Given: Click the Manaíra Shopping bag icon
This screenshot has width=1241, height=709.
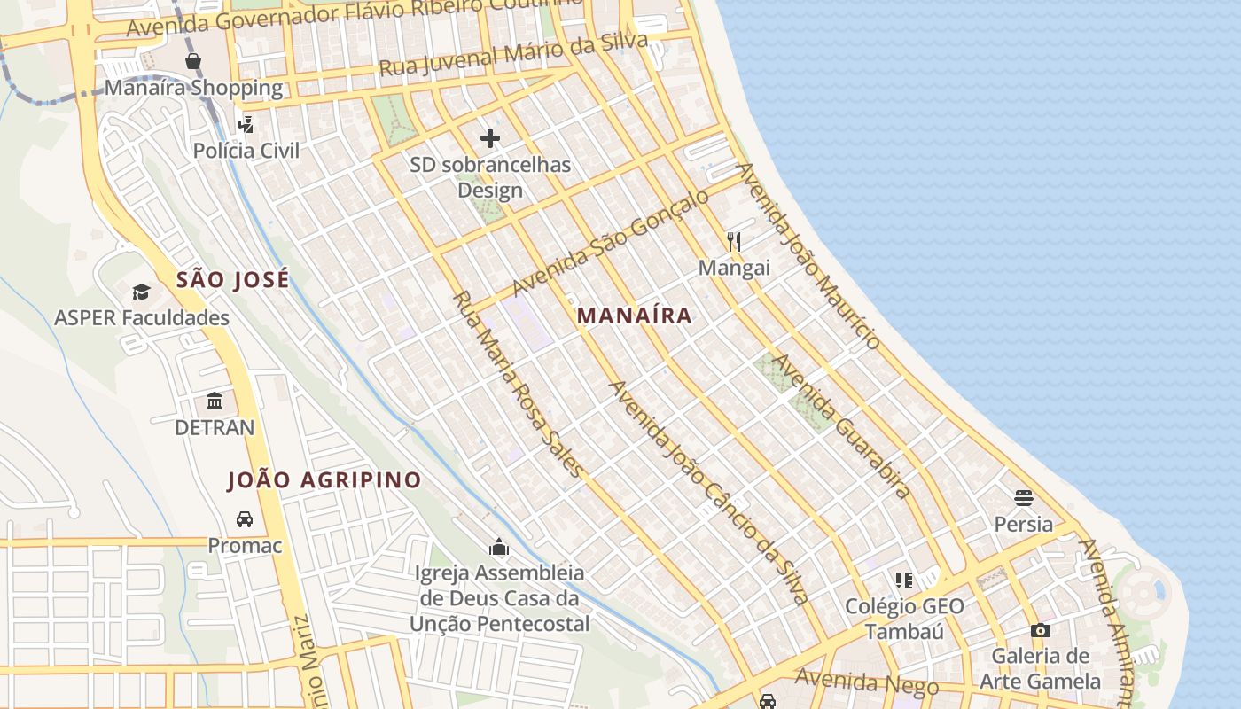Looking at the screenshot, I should coord(193,61).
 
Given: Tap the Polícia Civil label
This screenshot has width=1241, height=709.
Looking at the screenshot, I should coord(246,150).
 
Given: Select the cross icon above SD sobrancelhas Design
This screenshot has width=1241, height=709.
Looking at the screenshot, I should coord(490,138).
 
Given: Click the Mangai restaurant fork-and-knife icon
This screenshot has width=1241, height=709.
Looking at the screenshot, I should coord(734,241).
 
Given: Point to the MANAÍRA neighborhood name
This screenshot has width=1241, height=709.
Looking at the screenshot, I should coord(634,316).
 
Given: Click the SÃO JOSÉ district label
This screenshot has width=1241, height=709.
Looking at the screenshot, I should coord(232,280).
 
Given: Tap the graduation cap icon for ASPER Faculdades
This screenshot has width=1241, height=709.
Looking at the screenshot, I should coord(141,292).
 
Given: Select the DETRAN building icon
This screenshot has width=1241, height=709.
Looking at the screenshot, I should coord(215,401).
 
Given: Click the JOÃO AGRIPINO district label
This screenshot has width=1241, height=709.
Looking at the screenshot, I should coord(324,480).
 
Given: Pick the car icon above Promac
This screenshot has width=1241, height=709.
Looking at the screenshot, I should coord(245,519).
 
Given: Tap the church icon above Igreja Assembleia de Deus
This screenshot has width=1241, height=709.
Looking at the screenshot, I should coord(500,547).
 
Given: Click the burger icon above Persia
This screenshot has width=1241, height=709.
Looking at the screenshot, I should coord(1024,497).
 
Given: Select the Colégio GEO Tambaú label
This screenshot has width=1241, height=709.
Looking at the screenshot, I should coord(903,619).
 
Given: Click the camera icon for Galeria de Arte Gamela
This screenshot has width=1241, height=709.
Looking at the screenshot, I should coord(1041,630).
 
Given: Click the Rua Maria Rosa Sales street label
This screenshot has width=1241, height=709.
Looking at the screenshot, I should coord(519,384).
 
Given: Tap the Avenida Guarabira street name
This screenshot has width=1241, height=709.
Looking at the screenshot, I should coord(841,426).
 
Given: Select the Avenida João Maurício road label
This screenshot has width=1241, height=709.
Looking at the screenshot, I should coord(808,256).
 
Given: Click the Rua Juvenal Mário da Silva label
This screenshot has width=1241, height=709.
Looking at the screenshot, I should coord(520,55).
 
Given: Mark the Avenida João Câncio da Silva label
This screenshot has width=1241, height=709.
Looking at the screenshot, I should coord(708,493).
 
